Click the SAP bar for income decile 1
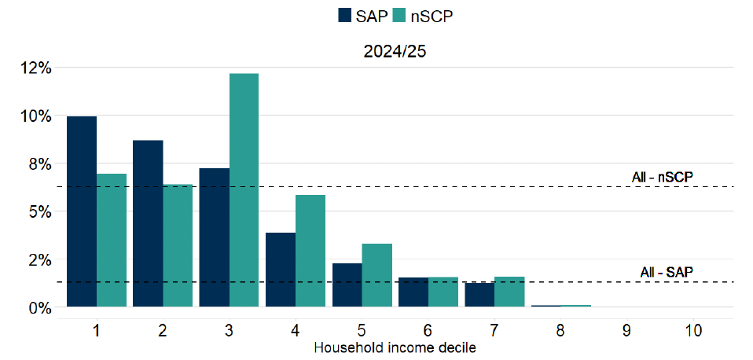[x=82, y=211]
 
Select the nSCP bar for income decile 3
[x=244, y=189]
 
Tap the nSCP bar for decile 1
[x=112, y=240]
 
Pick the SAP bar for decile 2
[x=148, y=223]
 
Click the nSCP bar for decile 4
[x=310, y=251]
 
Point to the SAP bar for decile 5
[x=347, y=285]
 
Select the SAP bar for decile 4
[x=281, y=270]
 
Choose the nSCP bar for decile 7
[x=509, y=292]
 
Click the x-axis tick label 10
[x=692, y=331]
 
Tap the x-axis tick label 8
[x=560, y=331]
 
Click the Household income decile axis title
[x=395, y=347]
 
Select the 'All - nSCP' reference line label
[x=662, y=177]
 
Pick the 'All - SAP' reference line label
[x=667, y=272]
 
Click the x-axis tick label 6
[x=428, y=331]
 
